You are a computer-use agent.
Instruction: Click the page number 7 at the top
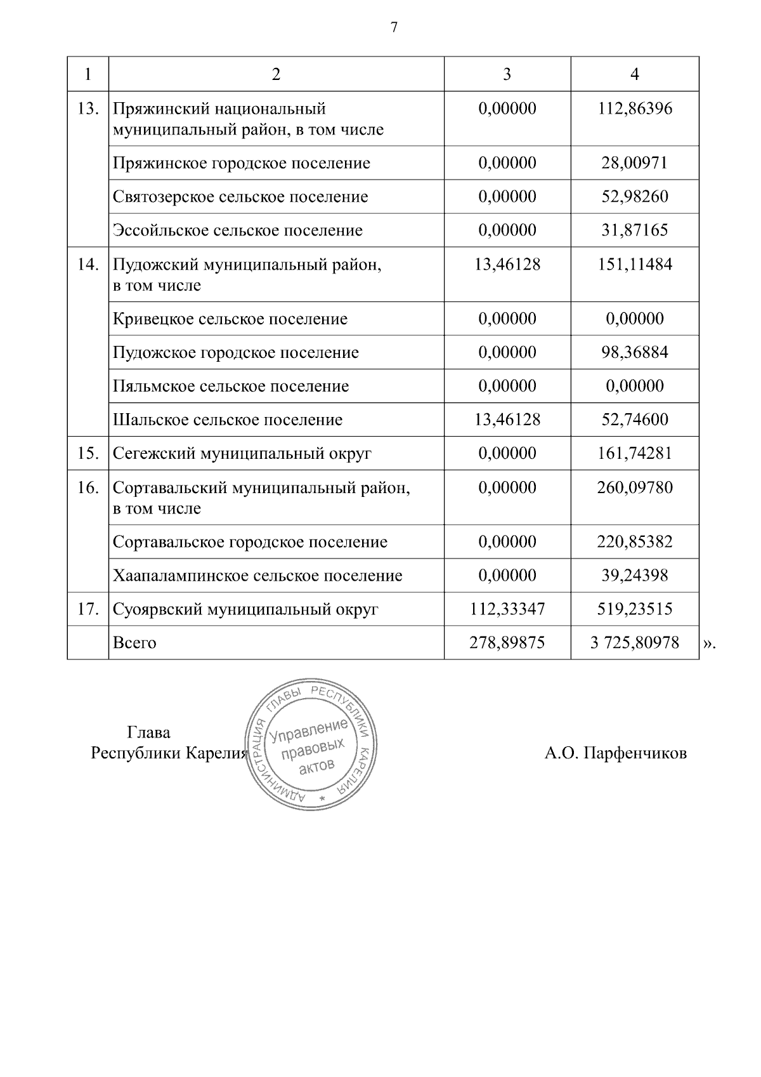tap(394, 28)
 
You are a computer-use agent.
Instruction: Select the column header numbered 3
tap(507, 74)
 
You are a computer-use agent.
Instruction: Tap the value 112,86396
tap(635, 109)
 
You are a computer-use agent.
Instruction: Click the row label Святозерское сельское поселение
tap(240, 197)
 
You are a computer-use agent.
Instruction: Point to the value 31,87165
tap(635, 230)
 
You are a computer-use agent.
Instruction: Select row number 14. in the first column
tap(88, 265)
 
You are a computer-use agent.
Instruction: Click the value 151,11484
tap(635, 265)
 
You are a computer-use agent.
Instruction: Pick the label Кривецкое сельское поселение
tap(230, 319)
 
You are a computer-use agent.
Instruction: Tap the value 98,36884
tap(635, 353)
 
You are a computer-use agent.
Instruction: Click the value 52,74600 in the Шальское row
tap(635, 420)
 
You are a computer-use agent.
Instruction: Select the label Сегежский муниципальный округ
tap(242, 454)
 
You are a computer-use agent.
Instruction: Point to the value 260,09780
tap(635, 488)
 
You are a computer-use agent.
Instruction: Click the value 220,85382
tap(635, 543)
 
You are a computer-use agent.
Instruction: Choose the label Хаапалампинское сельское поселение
tap(257, 576)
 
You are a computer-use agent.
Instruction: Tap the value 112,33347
tap(507, 610)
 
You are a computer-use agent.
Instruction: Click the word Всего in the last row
tap(134, 643)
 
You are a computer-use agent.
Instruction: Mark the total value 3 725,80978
tap(635, 644)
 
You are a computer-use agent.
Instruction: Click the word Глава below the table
tap(149, 733)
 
